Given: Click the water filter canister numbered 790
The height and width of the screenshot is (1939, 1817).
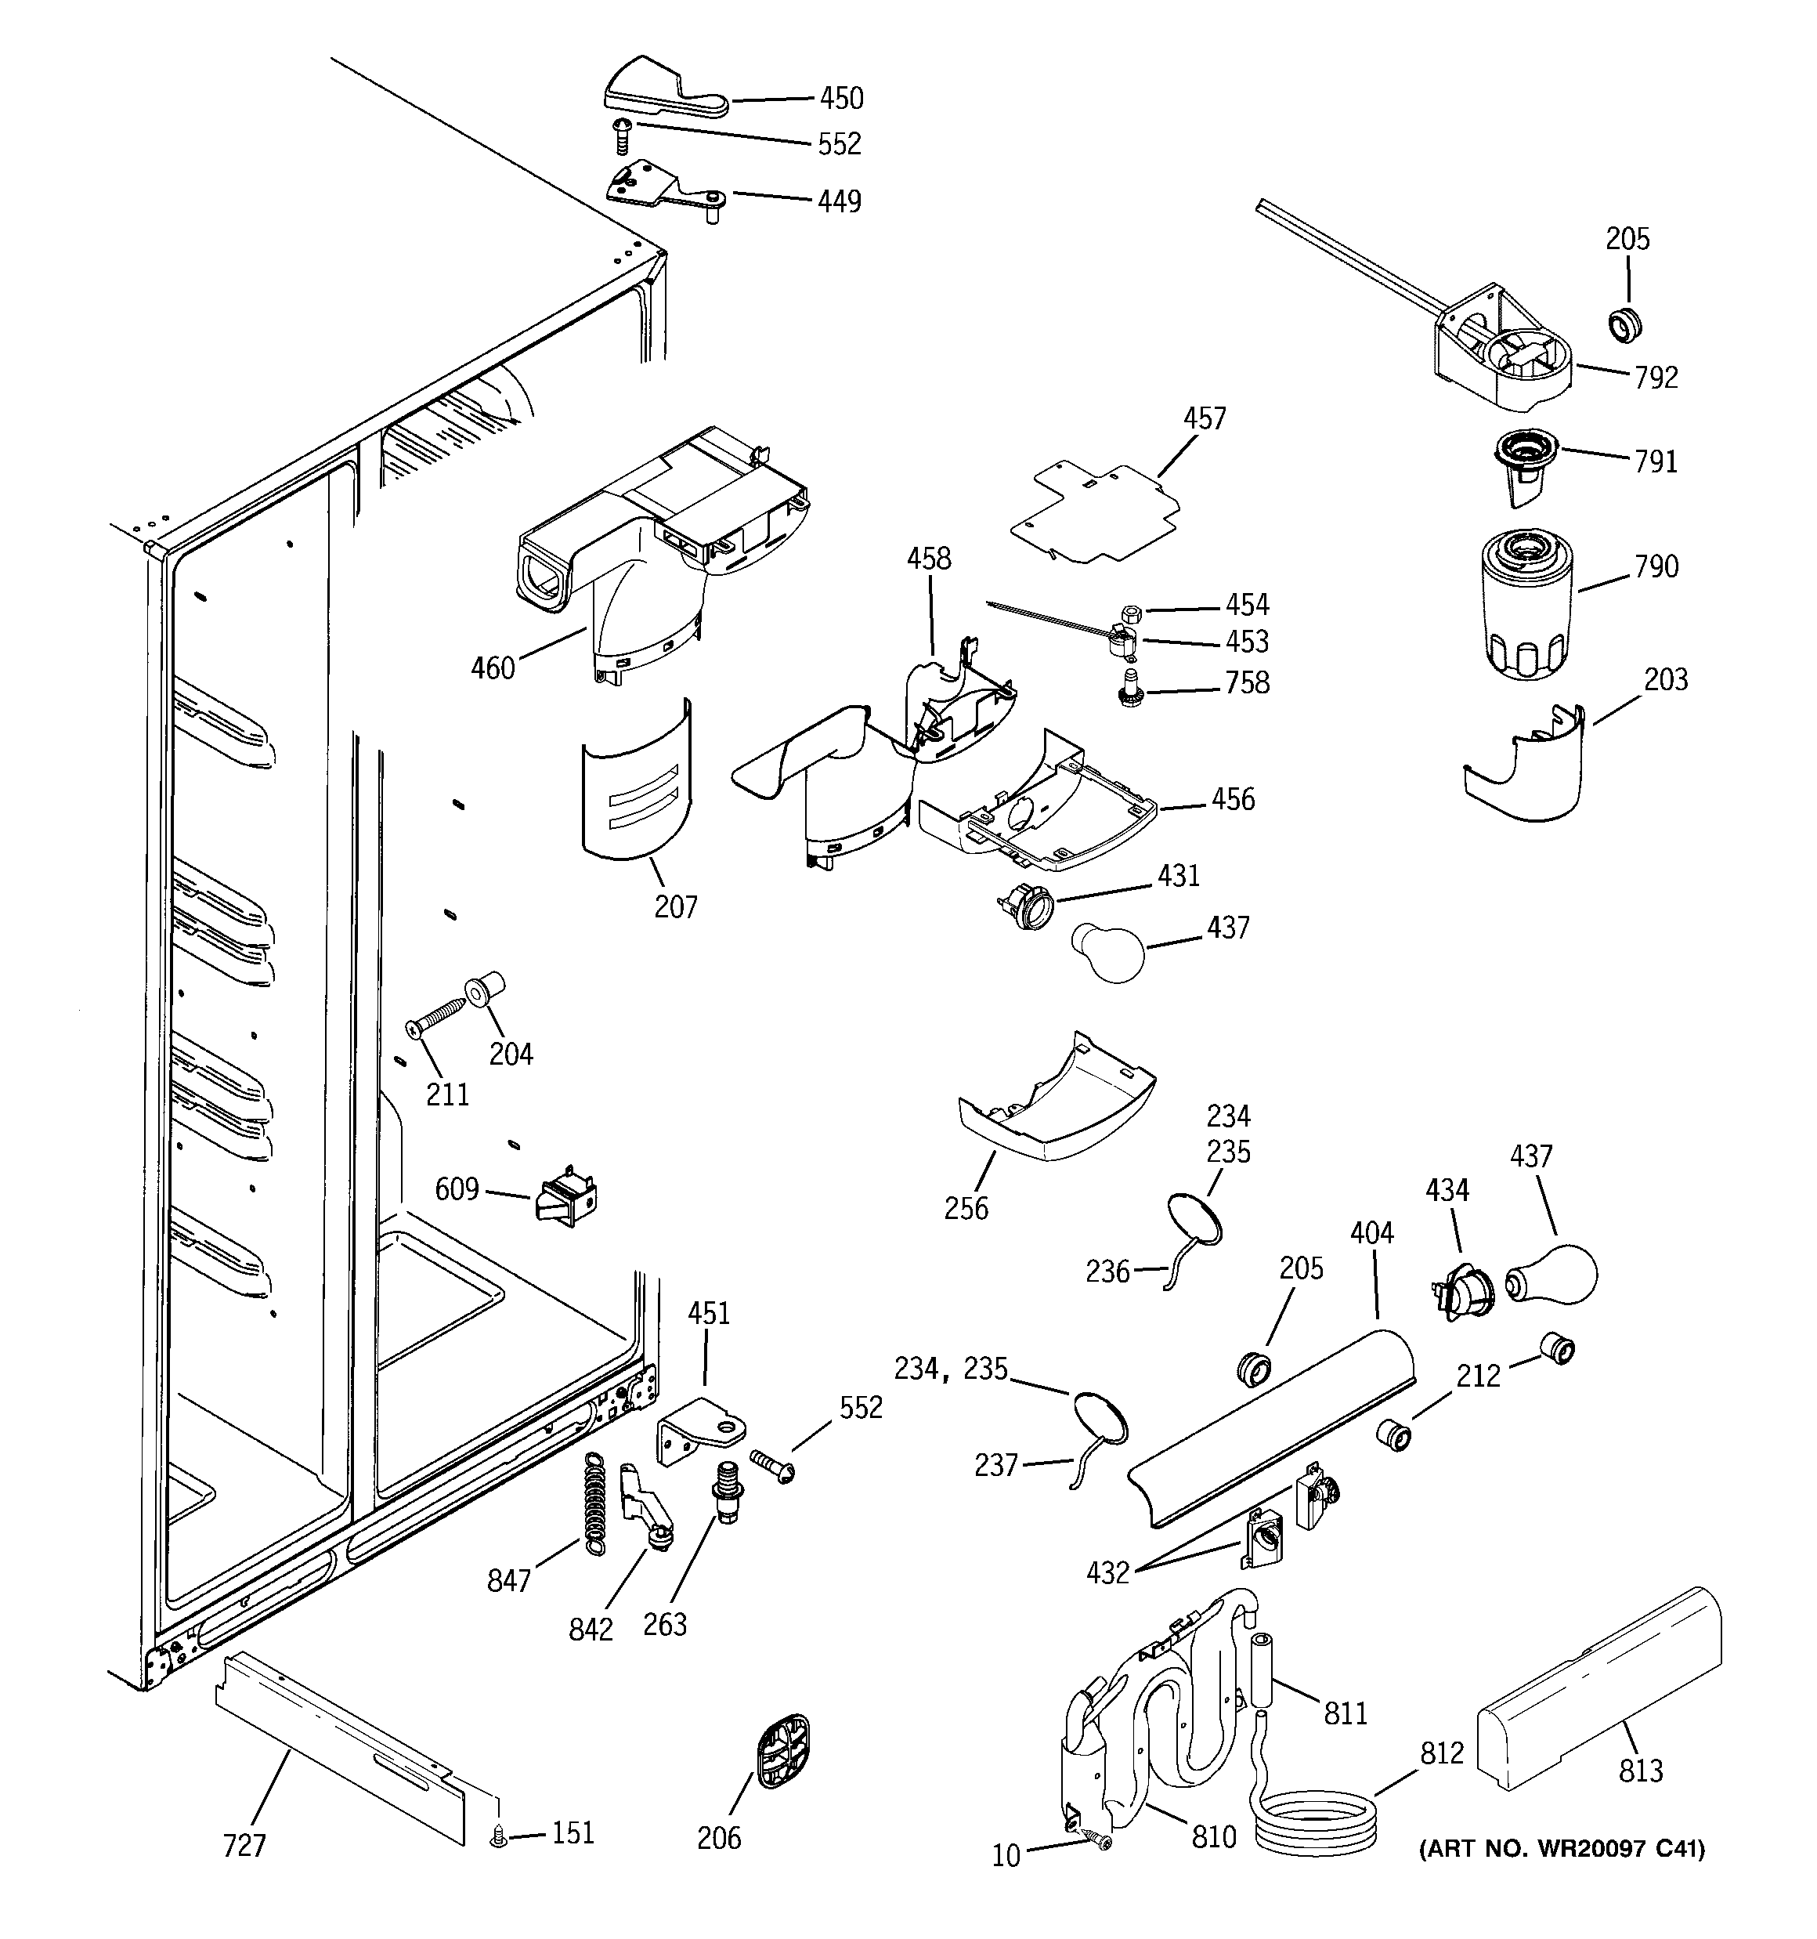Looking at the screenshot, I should pyautogui.click(x=1522, y=602).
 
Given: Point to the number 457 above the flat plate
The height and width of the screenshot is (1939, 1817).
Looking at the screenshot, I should pyautogui.click(x=1205, y=418).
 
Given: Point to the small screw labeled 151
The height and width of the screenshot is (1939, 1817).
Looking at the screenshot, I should pyautogui.click(x=500, y=1838).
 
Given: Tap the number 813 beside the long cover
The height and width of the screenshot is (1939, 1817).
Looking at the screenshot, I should pyautogui.click(x=1641, y=1771).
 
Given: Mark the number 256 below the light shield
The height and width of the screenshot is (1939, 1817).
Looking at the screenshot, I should pyautogui.click(x=966, y=1209).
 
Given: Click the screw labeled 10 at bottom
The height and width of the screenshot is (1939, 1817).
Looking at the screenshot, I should pyautogui.click(x=1099, y=1839).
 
